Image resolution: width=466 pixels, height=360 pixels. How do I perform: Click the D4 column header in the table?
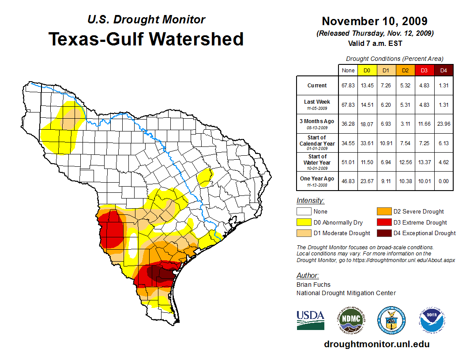tap(443, 70)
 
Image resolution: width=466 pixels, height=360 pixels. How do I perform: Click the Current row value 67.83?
tap(348, 86)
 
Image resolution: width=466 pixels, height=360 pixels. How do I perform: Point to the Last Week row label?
tap(317, 104)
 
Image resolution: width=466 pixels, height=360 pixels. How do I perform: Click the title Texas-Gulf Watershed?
tap(146, 39)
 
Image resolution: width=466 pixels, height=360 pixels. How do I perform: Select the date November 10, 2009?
tap(374, 21)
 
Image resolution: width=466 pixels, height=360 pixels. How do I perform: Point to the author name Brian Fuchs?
tap(313, 285)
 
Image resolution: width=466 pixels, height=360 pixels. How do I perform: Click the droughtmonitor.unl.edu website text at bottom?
tap(376, 344)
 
